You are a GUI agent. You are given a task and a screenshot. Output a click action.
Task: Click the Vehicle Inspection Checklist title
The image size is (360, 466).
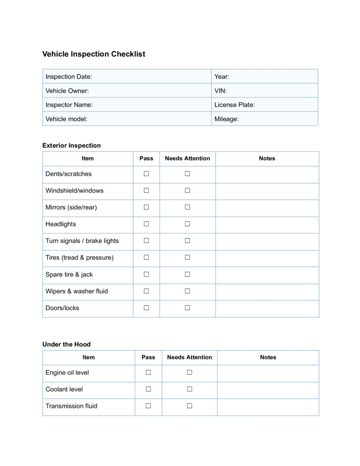[94, 54]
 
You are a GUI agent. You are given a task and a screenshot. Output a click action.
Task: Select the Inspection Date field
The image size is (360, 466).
[127, 76]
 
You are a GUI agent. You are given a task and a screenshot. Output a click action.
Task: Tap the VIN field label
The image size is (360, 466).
[220, 91]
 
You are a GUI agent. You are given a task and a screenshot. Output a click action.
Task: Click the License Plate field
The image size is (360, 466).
[264, 105]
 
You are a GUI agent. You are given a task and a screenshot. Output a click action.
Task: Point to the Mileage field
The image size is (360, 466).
[264, 119]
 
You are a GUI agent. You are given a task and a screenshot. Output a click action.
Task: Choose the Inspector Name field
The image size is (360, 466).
[127, 105]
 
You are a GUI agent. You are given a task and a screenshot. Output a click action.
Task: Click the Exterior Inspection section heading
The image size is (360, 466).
[71, 146]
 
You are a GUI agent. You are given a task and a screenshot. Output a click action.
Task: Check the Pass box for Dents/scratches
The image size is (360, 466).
[147, 173]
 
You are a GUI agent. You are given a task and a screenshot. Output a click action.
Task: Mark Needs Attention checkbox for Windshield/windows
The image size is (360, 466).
[188, 190]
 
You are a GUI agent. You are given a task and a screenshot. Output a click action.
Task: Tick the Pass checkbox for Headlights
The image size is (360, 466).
[147, 224]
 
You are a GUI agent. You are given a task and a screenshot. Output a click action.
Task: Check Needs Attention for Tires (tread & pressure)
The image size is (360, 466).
[188, 257]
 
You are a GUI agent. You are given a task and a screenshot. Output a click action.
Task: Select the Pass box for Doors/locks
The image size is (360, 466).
[147, 308]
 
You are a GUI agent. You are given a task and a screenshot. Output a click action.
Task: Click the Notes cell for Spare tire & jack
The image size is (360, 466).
[267, 274]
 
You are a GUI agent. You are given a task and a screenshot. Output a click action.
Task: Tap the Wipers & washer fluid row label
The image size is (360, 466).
[76, 291]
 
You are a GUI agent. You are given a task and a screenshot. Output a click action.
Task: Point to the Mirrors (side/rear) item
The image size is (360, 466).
[71, 208]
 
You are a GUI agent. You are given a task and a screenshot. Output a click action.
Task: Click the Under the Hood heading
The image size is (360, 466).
[66, 344]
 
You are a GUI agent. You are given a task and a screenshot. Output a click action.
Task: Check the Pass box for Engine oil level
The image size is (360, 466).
[148, 372]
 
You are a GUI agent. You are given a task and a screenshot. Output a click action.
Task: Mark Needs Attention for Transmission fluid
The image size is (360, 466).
[190, 405]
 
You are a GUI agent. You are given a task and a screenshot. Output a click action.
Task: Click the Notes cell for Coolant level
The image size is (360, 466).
[268, 389]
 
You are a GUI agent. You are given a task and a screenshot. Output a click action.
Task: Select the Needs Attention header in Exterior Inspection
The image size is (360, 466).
[188, 158]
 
